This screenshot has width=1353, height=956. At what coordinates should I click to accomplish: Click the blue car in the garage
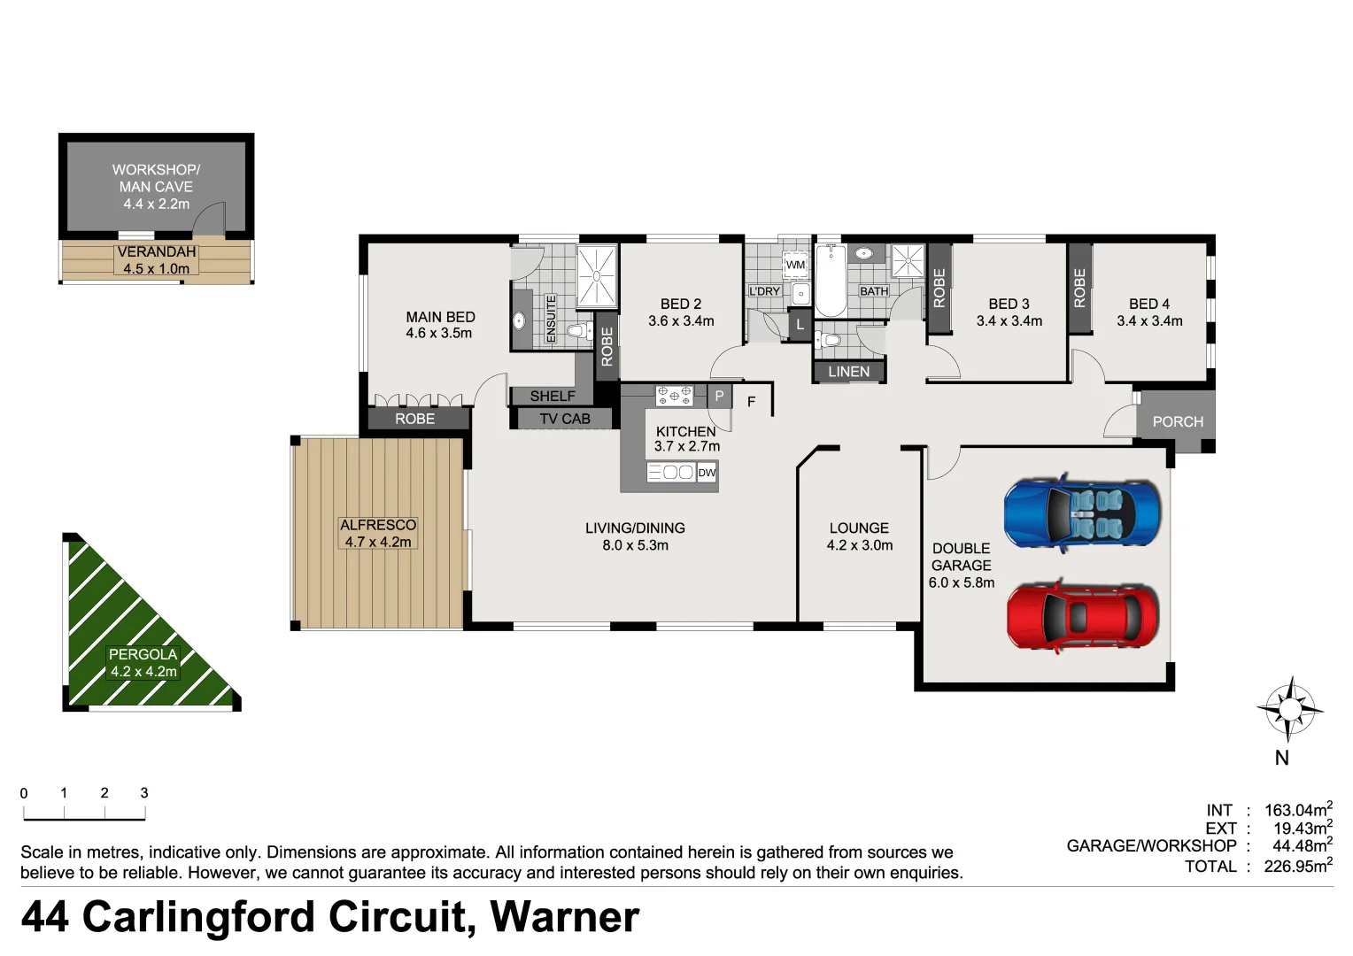[x=1081, y=513]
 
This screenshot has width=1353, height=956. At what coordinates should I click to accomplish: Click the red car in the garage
[x=1082, y=617]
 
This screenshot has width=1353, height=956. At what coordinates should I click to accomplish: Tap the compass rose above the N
[x=1289, y=709]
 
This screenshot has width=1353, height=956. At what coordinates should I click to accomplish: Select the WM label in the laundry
[x=795, y=265]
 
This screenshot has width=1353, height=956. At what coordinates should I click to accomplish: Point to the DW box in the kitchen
[x=707, y=473]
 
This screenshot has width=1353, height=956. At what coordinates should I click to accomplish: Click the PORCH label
[x=1178, y=422]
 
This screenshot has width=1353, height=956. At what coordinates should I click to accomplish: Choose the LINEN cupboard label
[x=848, y=372]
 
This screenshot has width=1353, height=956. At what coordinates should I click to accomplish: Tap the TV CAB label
[x=564, y=419]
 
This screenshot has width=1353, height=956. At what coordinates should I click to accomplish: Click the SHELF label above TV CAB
[x=553, y=396]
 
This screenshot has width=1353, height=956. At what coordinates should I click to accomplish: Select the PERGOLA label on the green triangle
[x=143, y=655]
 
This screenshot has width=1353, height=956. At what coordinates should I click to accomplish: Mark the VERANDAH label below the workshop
[x=157, y=252]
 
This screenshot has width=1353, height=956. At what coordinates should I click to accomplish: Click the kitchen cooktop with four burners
[x=674, y=395]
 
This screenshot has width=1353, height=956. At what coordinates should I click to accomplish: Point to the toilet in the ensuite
[x=577, y=332]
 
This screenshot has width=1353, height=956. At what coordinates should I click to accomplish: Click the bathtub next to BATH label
[x=831, y=281]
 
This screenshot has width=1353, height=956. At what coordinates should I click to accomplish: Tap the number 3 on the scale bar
[x=144, y=793]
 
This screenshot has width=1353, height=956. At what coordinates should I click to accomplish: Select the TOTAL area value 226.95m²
[x=1297, y=866]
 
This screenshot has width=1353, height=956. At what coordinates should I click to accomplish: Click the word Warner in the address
[x=564, y=917]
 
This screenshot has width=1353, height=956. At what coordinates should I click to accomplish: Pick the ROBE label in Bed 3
[x=939, y=288]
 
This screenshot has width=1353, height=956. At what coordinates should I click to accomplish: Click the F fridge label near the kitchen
[x=751, y=402]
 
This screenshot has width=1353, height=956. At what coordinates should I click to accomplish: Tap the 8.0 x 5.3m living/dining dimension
[x=635, y=545]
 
